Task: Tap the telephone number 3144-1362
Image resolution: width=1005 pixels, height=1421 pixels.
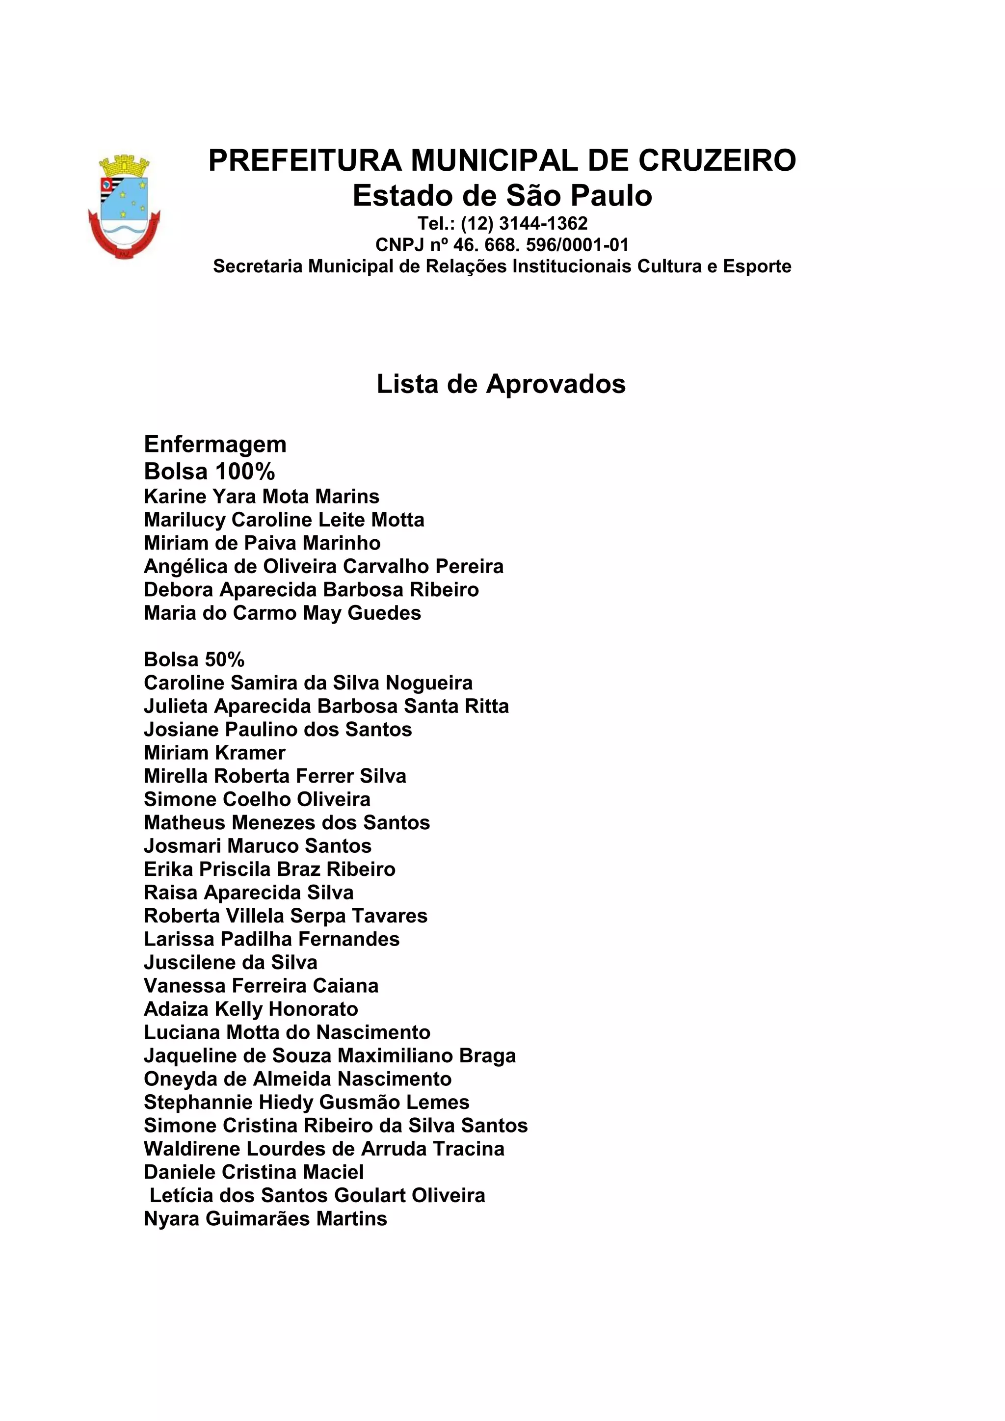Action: pos(543,223)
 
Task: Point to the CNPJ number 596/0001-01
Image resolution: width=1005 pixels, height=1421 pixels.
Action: pos(578,245)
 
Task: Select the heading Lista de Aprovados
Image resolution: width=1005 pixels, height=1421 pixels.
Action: pos(501,384)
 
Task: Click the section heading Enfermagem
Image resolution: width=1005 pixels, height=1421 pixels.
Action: pos(215,445)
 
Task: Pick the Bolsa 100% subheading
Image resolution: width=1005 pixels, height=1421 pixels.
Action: pos(209,472)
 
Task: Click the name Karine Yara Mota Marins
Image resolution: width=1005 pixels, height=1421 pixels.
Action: pos(262,497)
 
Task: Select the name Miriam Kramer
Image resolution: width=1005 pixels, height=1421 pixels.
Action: pos(215,753)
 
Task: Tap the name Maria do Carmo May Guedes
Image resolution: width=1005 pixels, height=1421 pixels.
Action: pos(282,613)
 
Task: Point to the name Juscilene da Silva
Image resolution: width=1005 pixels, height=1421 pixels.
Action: pos(231,962)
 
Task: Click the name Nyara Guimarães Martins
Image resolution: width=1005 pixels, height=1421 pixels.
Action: pos(265,1219)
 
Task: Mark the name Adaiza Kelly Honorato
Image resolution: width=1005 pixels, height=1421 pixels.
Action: pos(251,1009)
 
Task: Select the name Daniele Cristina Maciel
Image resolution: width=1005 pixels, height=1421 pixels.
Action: pos(254,1172)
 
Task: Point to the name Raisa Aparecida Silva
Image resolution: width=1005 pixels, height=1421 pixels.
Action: pos(249,893)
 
